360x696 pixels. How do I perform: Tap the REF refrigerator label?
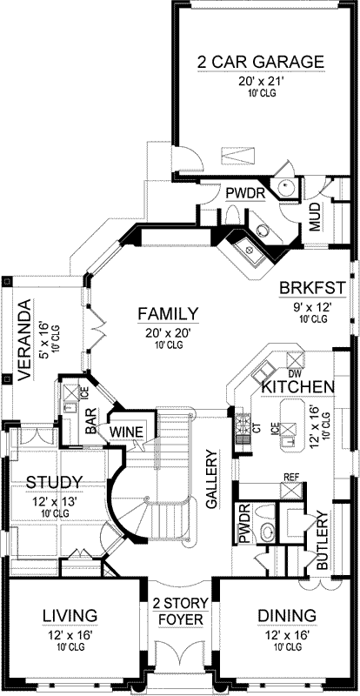(292, 477)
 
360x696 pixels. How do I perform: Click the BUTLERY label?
(323, 540)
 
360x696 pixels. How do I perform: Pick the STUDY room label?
(54, 482)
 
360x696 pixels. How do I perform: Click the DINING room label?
(286, 617)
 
